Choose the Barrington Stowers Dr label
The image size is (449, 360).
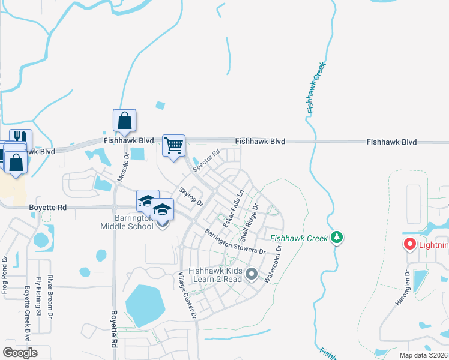235,242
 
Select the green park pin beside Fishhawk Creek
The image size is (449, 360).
337,238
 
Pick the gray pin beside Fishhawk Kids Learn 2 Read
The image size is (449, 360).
252,274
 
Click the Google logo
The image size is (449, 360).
20,352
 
